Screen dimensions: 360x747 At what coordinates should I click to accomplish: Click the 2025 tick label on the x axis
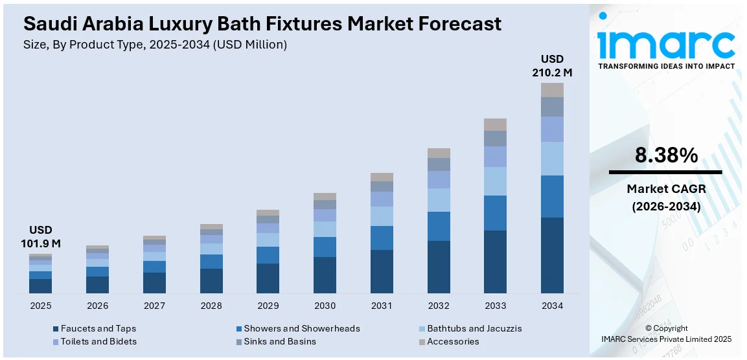(40, 306)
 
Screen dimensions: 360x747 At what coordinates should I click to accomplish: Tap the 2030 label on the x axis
(325, 306)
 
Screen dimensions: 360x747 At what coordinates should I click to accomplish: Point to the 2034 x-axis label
(552, 306)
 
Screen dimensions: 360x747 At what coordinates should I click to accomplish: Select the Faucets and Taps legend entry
(98, 328)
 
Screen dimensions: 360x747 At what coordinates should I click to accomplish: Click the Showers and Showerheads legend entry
(301, 328)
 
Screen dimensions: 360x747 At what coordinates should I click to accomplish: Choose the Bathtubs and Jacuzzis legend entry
(474, 328)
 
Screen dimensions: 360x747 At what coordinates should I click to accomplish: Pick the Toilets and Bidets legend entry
(98, 341)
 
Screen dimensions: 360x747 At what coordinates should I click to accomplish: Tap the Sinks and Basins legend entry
(279, 341)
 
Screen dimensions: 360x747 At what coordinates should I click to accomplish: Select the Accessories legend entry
(453, 341)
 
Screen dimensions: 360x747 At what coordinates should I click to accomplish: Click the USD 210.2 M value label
(552, 66)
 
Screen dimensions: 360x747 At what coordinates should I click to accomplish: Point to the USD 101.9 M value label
(40, 237)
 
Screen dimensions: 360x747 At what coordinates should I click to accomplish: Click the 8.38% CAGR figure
(665, 155)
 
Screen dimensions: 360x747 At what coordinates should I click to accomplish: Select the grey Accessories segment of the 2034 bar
(552, 90)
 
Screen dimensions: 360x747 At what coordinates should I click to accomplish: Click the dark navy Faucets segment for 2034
(552, 255)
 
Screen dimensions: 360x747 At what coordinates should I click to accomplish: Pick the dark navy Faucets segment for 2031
(382, 271)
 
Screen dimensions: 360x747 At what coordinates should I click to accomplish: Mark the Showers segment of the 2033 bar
(495, 213)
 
